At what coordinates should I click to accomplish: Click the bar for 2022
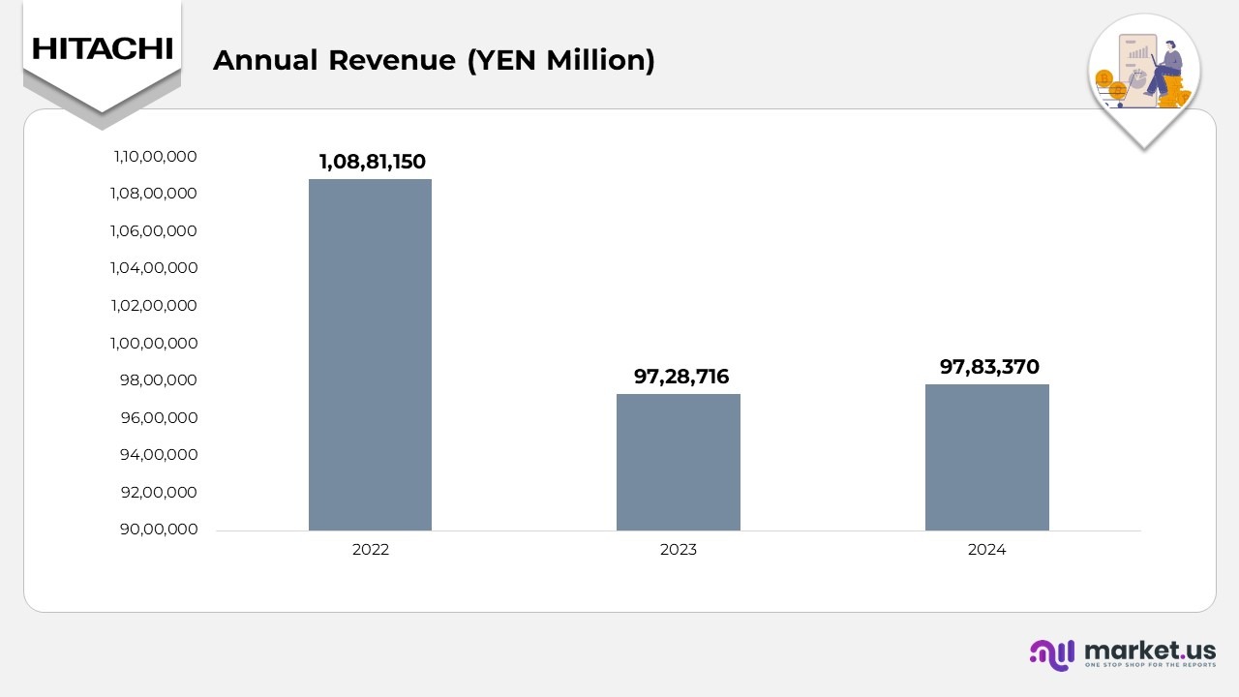click(x=370, y=354)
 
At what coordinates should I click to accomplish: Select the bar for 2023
click(x=678, y=462)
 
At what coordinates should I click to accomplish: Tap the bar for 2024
click(x=986, y=457)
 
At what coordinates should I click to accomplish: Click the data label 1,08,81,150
click(x=373, y=162)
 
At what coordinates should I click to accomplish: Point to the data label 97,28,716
click(x=681, y=377)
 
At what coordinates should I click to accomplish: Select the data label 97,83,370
click(x=989, y=367)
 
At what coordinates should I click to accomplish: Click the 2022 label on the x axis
click(x=370, y=550)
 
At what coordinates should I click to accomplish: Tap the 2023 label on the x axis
click(x=678, y=550)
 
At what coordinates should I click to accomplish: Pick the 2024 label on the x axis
click(x=986, y=550)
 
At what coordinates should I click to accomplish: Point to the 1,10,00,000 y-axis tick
click(x=155, y=156)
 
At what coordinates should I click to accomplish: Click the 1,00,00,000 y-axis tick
click(x=155, y=343)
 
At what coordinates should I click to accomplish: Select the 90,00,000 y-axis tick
click(x=159, y=530)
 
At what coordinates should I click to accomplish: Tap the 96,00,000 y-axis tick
click(x=159, y=417)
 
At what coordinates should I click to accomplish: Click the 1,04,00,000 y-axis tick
click(x=155, y=268)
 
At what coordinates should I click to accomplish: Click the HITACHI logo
click(x=102, y=48)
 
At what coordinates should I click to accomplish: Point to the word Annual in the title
click(x=265, y=60)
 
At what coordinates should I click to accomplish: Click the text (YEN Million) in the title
click(x=560, y=60)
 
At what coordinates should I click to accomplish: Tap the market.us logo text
click(x=1150, y=650)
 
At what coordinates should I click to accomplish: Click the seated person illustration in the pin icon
click(x=1165, y=68)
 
